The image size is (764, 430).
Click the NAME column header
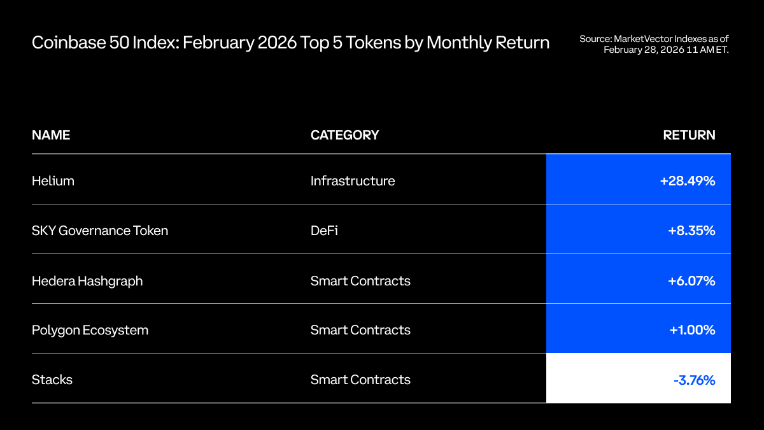pyautogui.click(x=51, y=135)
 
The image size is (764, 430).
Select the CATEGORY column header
pyautogui.click(x=344, y=135)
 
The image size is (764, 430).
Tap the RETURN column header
pyautogui.click(x=689, y=135)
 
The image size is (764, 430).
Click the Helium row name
pyautogui.click(x=53, y=181)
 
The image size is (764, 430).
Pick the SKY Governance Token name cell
pyautogui.click(x=100, y=231)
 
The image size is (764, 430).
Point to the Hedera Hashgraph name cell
pyautogui.click(x=87, y=281)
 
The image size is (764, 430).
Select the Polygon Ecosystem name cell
pyautogui.click(x=90, y=330)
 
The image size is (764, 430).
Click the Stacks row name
pyautogui.click(x=52, y=380)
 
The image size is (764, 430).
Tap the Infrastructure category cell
pyautogui.click(x=353, y=181)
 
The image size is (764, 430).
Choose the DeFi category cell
pyautogui.click(x=324, y=231)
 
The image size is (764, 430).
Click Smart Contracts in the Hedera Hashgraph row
pyautogui.click(x=360, y=281)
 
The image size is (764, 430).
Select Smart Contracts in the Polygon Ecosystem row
pyautogui.click(x=360, y=330)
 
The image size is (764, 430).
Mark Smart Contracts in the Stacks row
pyautogui.click(x=360, y=380)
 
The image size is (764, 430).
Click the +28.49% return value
pyautogui.click(x=688, y=181)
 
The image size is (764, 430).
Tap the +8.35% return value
pyautogui.click(x=691, y=231)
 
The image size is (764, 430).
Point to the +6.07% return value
pyautogui.click(x=691, y=281)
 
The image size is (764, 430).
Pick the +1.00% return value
pyautogui.click(x=691, y=330)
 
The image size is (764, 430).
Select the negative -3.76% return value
pyautogui.click(x=694, y=380)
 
